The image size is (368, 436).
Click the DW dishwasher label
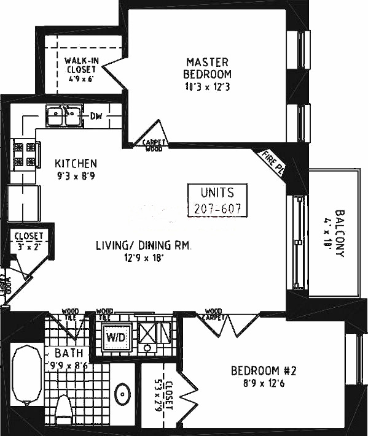(x=96, y=116)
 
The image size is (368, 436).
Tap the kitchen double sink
(x=64, y=115)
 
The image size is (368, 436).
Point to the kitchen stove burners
(x=24, y=155)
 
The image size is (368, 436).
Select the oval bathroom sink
(x=123, y=392)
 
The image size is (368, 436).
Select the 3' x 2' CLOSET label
(x=29, y=240)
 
